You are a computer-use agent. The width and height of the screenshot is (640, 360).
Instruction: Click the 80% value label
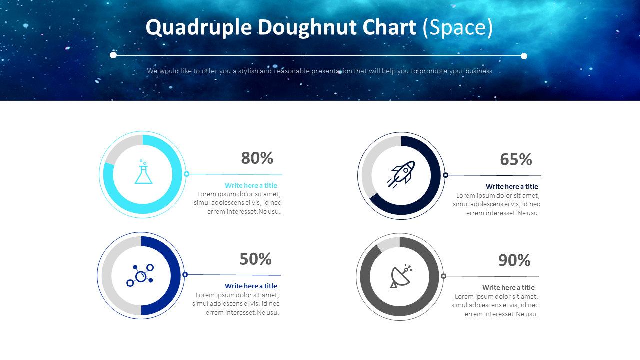(x=257, y=158)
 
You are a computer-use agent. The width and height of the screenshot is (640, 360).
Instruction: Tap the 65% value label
(x=516, y=160)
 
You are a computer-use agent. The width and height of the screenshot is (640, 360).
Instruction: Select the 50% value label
(x=255, y=259)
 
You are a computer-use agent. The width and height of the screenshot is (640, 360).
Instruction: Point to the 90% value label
(x=514, y=261)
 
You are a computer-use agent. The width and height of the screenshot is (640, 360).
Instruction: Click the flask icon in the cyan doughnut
(x=143, y=172)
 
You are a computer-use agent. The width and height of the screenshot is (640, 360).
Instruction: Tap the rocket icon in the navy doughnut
(x=401, y=174)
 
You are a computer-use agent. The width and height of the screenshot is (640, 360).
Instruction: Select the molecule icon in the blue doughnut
(x=141, y=275)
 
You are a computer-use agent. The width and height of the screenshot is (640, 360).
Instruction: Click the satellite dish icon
(x=400, y=276)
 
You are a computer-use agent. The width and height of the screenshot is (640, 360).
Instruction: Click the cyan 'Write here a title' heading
(x=251, y=186)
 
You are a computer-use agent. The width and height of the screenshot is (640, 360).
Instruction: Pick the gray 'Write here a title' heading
(x=508, y=288)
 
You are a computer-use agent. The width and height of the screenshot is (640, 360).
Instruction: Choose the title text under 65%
(x=512, y=187)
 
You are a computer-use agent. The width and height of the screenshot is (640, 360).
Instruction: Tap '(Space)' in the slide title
(x=458, y=28)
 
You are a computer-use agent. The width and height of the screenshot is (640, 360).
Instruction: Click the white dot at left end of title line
(x=113, y=55)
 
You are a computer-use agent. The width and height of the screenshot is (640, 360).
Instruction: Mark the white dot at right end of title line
(x=524, y=56)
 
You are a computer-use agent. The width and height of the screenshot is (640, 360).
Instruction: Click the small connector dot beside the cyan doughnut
(x=186, y=174)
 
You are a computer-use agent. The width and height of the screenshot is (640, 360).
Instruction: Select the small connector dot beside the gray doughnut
(x=443, y=276)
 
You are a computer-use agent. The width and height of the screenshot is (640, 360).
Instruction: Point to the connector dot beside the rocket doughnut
(x=445, y=175)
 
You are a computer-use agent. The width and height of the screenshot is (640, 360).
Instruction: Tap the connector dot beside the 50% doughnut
(x=185, y=275)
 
